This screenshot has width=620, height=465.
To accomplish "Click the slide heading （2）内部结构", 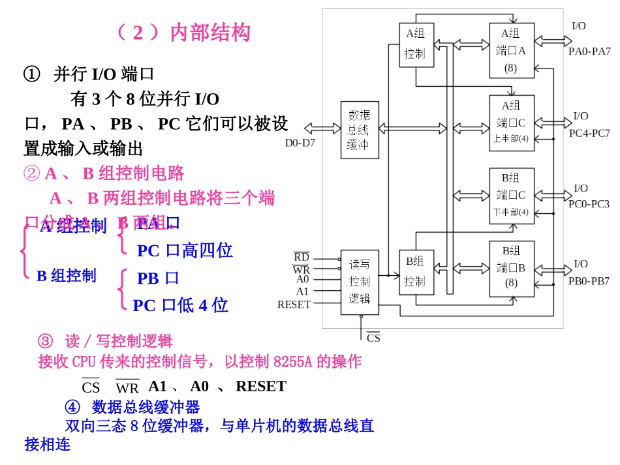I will tap(182, 32).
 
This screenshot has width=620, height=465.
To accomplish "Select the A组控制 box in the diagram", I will tap(415, 44).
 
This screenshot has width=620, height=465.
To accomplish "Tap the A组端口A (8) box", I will tap(512, 50).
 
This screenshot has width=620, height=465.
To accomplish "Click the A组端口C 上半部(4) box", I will tap(512, 123).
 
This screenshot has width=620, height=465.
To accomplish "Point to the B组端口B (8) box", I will tap(512, 267).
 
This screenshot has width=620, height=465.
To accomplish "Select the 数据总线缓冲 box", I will tap(359, 129).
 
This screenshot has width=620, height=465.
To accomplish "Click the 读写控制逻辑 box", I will tap(359, 281).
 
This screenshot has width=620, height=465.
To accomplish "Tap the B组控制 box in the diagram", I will tap(415, 271).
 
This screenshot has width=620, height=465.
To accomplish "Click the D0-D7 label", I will tap(300, 142).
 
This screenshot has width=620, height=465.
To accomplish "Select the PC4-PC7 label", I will tap(589, 133).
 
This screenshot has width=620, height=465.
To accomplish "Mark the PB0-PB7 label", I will tap(589, 281).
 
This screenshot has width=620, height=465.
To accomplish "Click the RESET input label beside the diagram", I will tap(294, 304).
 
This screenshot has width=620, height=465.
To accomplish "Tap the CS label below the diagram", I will tap(373, 338).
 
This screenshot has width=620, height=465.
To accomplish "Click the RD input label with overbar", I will tap(302, 257).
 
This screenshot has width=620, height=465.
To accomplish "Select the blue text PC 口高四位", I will tap(185, 250).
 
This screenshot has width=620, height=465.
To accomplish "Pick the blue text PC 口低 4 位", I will tap(181, 305).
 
